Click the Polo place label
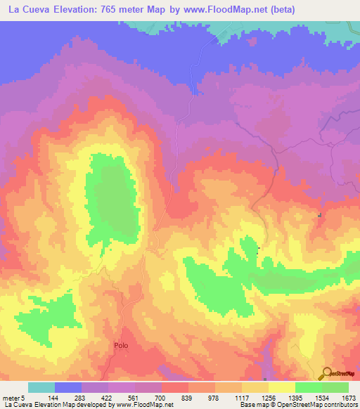coord(121,346)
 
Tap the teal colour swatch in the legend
coord(41,387)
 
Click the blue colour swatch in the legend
coord(68,387)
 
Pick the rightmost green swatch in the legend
coord(335,387)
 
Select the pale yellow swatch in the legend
coord(281,387)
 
